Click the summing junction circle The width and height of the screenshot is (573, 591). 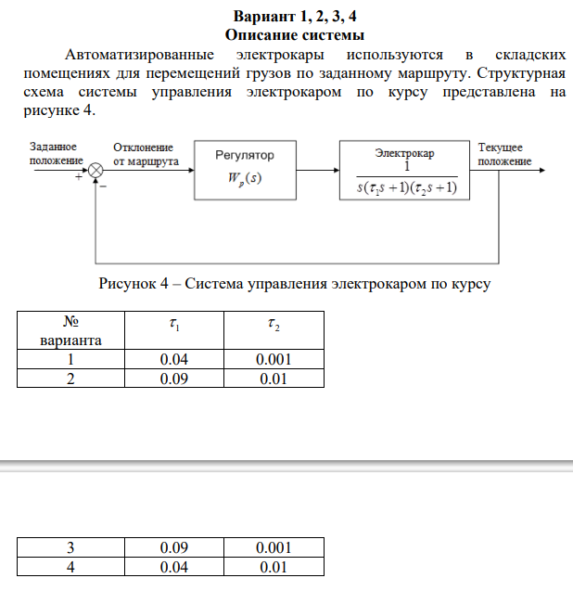(96, 170)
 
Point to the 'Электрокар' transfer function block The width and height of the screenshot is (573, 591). (404, 169)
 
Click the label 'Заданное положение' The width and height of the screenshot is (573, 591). (53, 154)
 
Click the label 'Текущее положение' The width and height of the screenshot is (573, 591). (503, 154)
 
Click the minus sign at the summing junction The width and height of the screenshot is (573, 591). (103, 186)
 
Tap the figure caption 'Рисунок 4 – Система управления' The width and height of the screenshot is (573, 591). (293, 284)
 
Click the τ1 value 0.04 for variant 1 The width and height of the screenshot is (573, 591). (173, 360)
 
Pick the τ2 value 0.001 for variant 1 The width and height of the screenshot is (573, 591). (273, 360)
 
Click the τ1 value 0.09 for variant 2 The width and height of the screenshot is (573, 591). (173, 379)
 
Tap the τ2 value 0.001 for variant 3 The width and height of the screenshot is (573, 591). (273, 547)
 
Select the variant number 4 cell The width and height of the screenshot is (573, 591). (70, 567)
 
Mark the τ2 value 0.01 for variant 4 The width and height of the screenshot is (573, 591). (273, 567)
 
